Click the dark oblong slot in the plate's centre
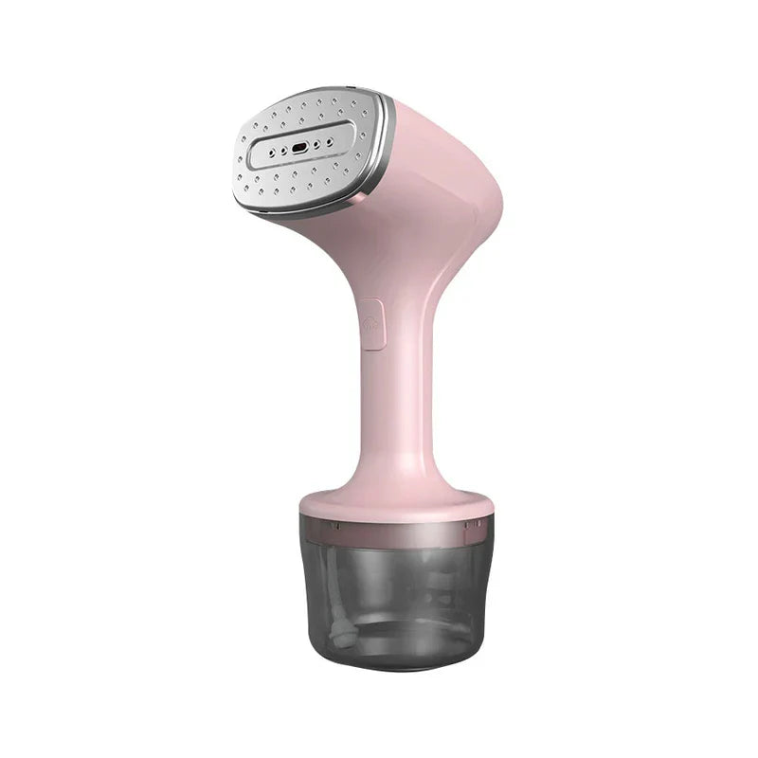tap(299, 149)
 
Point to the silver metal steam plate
tap(303, 142)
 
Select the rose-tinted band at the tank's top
tap(396, 531)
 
